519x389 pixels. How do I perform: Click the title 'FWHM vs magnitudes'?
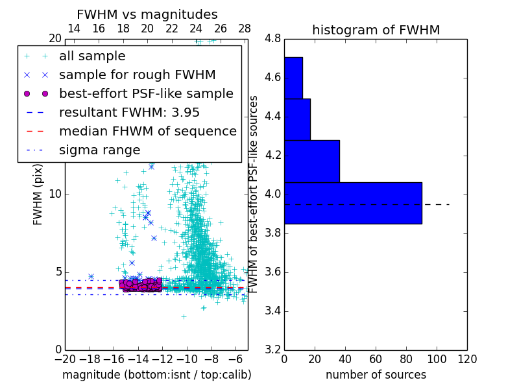[x=147, y=14]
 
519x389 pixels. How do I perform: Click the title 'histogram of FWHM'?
[x=376, y=30]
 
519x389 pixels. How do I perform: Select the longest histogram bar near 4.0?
[x=353, y=203]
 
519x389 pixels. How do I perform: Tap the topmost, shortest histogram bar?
[x=293, y=78]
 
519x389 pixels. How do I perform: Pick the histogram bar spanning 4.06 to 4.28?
[x=311, y=161]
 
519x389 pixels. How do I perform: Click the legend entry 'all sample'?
[x=92, y=56]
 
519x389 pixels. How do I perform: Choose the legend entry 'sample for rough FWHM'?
[x=137, y=75]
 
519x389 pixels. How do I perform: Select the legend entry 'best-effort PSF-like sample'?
[x=146, y=93]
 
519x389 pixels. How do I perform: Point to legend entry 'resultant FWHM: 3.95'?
[x=129, y=112]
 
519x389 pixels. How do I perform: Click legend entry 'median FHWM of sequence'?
[x=147, y=131]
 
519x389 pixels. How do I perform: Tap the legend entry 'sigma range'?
[x=99, y=150]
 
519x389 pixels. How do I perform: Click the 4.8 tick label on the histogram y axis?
[x=273, y=39]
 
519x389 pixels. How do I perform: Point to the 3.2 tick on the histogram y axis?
[x=273, y=349]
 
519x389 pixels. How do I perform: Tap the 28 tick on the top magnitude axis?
[x=245, y=29]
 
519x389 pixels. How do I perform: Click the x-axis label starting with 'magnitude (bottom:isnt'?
[x=156, y=375]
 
